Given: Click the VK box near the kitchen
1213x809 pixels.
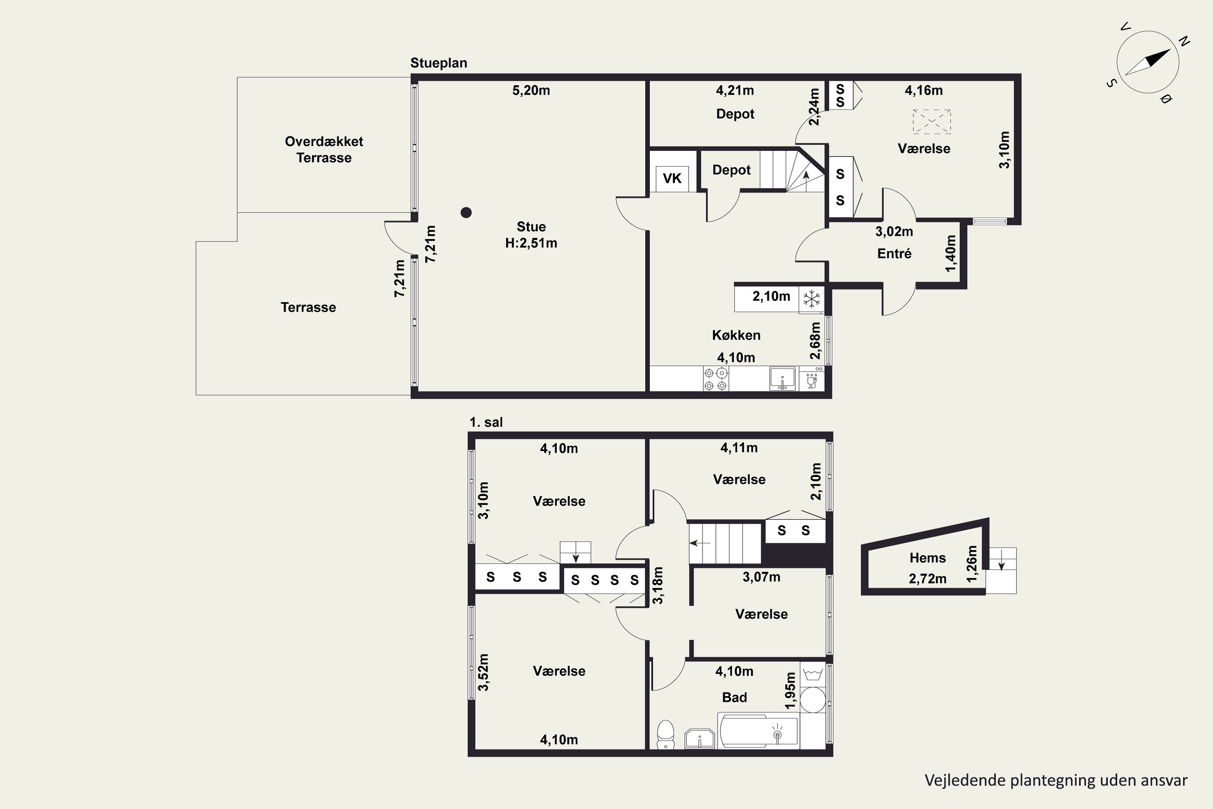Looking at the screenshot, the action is [672, 178].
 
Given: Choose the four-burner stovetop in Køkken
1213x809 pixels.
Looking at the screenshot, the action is [716, 379].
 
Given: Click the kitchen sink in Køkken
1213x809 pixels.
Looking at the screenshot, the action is [782, 379].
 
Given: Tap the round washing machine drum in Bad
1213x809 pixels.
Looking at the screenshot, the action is [813, 700].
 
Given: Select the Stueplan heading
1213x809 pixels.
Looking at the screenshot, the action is [439, 63].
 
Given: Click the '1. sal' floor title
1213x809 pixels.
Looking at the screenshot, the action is [486, 422].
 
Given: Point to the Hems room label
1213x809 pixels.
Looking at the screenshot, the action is [927, 558].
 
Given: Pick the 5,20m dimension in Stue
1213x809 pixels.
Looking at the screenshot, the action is [531, 91].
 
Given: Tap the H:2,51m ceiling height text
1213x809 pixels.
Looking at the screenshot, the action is [531, 243].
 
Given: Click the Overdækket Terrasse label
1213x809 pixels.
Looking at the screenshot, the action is [324, 150].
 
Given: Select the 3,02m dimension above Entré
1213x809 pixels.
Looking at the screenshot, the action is [894, 232].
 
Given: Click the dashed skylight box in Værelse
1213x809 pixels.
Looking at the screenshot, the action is [932, 121].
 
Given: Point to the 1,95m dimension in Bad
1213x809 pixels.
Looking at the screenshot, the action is [790, 691].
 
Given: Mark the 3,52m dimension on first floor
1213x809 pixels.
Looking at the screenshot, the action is [483, 672].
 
